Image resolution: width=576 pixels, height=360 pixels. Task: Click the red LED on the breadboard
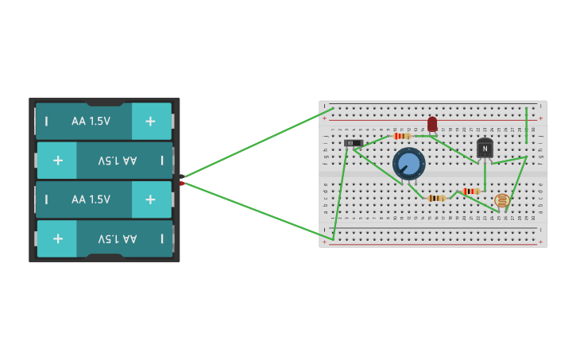pyautogui.click(x=432, y=124)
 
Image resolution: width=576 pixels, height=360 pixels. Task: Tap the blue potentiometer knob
pyautogui.click(x=409, y=164)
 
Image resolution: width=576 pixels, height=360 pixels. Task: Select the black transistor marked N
pyautogui.click(x=485, y=149)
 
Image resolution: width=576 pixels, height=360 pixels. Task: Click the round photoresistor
pyautogui.click(x=502, y=200)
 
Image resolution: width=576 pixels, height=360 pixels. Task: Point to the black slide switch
pyautogui.click(x=354, y=143)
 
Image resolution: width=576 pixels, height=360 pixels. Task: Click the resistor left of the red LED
pyautogui.click(x=403, y=136)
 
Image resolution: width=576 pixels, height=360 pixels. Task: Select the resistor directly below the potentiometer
pyautogui.click(x=436, y=198)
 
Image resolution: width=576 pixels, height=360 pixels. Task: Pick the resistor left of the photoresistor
pyautogui.click(x=471, y=192)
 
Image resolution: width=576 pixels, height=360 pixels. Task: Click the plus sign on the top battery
pyautogui.click(x=150, y=121)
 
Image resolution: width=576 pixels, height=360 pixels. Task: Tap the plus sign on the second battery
pyautogui.click(x=58, y=160)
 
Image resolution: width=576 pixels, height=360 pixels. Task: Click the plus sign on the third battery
pyautogui.click(x=150, y=199)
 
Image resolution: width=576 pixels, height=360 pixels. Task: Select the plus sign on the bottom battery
pyautogui.click(x=58, y=238)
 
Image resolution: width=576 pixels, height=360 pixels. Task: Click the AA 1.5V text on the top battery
pyautogui.click(x=91, y=122)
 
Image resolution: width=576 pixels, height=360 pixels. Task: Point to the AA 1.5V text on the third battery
pyautogui.click(x=91, y=199)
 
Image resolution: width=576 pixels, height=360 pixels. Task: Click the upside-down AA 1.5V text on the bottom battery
pyautogui.click(x=118, y=238)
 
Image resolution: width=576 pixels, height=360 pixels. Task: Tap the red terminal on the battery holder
pyautogui.click(x=182, y=184)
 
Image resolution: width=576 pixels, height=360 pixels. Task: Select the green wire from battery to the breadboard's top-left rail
pyautogui.click(x=258, y=142)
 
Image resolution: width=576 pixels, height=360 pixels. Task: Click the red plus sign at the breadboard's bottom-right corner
pyautogui.click(x=541, y=242)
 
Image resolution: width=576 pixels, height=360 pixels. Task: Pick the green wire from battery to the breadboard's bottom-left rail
pyautogui.click(x=258, y=211)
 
